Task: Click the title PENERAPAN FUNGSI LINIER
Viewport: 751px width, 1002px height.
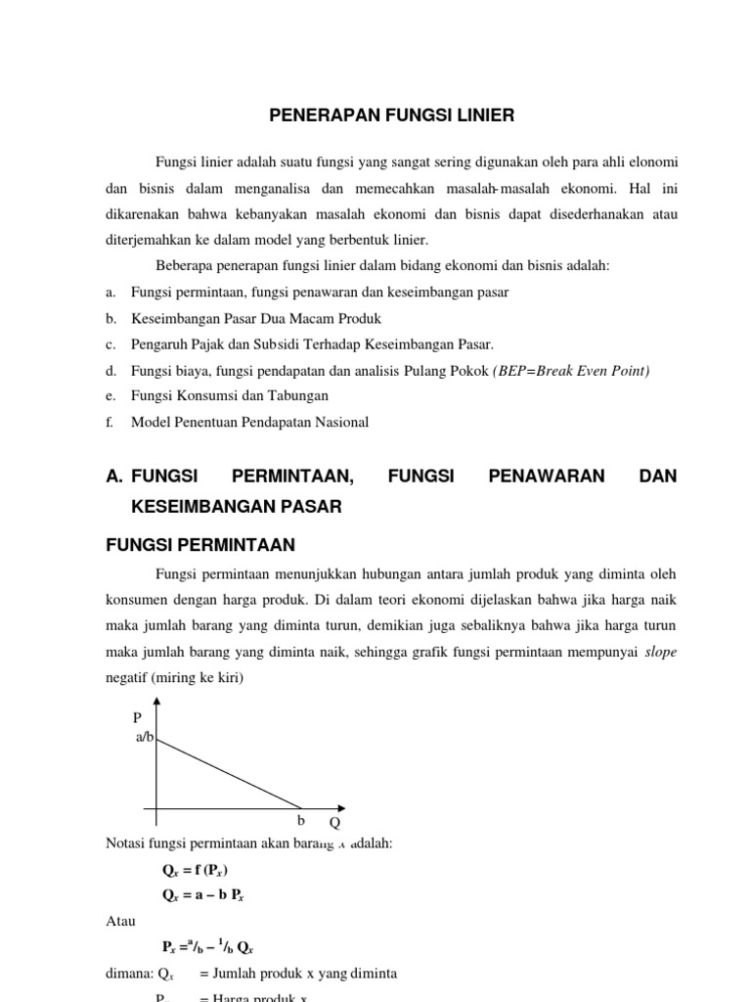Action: (391, 115)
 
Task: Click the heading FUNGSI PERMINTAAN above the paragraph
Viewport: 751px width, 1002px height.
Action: (199, 544)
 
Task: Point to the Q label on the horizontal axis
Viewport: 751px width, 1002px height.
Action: (333, 823)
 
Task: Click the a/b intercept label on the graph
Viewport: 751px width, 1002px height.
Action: (145, 737)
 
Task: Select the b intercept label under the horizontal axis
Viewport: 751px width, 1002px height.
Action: (301, 821)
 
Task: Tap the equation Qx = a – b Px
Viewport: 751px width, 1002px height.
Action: (202, 894)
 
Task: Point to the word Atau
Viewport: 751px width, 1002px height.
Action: (120, 921)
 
